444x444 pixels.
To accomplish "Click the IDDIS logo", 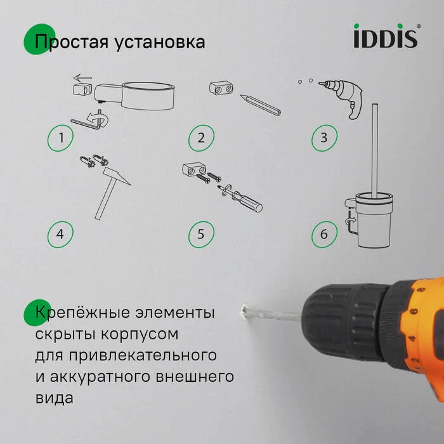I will click(x=386, y=36).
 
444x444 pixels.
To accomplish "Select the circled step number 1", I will click(x=60, y=138).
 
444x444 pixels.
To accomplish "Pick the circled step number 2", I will click(x=200, y=138).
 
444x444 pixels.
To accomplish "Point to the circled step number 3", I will click(x=323, y=138).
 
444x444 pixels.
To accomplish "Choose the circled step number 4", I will click(x=60, y=234).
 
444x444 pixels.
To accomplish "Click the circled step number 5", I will click(x=200, y=234).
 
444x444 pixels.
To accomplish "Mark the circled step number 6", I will click(x=323, y=234).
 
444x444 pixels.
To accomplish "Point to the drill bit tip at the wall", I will click(x=244, y=311).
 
